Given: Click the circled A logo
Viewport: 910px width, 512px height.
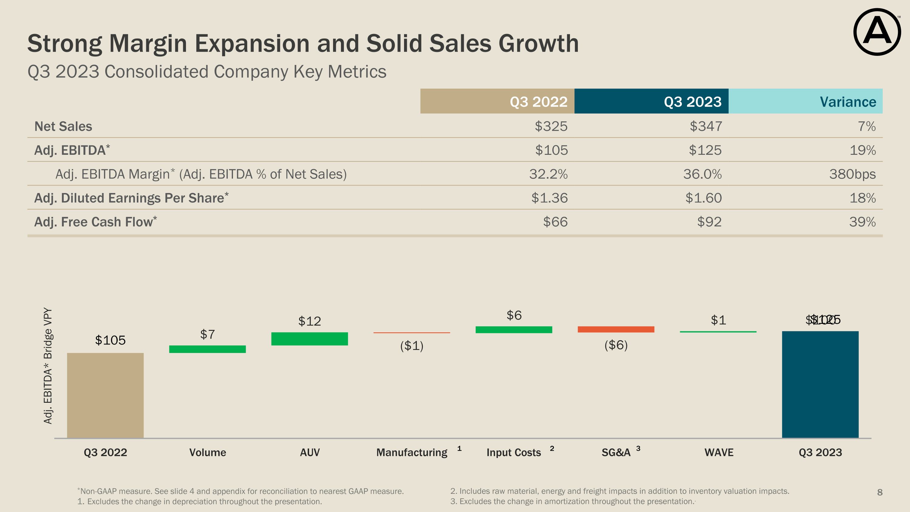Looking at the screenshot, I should pyautogui.click(x=877, y=32).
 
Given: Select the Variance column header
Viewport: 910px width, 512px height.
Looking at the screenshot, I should pyautogui.click(x=848, y=102).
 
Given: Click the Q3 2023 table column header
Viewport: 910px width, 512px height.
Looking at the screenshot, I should pyautogui.click(x=693, y=102).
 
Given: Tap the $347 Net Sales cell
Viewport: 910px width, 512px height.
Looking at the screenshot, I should pyautogui.click(x=706, y=126).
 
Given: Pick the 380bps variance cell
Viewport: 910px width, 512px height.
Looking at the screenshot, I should pyautogui.click(x=852, y=174).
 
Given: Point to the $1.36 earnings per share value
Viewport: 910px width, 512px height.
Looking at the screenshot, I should pyautogui.click(x=549, y=198).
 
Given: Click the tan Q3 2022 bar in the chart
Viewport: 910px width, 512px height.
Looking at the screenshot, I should pyautogui.click(x=105, y=395).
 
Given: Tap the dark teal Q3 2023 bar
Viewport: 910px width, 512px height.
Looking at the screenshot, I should pyautogui.click(x=820, y=385).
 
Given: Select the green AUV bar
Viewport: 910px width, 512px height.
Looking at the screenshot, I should pyautogui.click(x=309, y=338).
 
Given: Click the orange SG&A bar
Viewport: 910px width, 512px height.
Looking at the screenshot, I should pyautogui.click(x=616, y=329).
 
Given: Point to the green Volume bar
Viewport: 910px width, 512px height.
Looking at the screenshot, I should pyautogui.click(x=207, y=349).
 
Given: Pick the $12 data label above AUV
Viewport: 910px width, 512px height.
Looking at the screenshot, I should pyautogui.click(x=309, y=321).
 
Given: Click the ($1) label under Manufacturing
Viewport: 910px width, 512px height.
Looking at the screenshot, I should pyautogui.click(x=412, y=346).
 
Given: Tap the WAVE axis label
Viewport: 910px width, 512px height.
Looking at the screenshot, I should pyautogui.click(x=719, y=452).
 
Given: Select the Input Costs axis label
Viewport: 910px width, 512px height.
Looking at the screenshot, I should pyautogui.click(x=514, y=452).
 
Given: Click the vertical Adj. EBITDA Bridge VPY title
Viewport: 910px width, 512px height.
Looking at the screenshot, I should pyautogui.click(x=48, y=366).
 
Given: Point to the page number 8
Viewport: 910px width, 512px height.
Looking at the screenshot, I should pyautogui.click(x=880, y=492).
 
